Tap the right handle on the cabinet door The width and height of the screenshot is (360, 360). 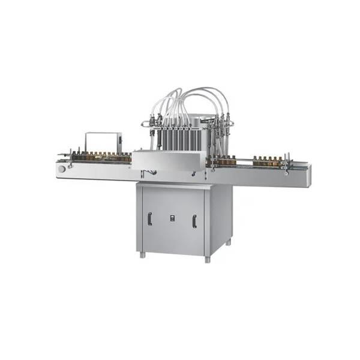pyautogui.click(x=194, y=221)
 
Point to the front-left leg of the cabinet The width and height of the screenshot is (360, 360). pyautogui.click(x=142, y=254)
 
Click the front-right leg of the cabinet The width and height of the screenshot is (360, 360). pyautogui.click(x=207, y=259)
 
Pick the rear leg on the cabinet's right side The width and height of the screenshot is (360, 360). pyautogui.click(x=229, y=242)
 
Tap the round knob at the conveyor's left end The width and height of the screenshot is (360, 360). pyautogui.click(x=62, y=169)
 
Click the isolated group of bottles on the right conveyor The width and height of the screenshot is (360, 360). pyautogui.click(x=266, y=161)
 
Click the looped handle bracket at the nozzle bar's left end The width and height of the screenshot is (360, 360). pyautogui.click(x=144, y=124)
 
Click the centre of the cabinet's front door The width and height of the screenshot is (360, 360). pyautogui.click(x=172, y=219)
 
